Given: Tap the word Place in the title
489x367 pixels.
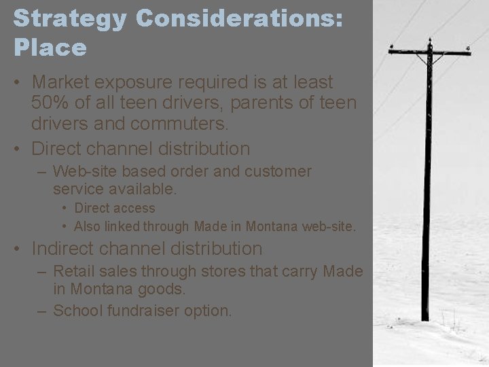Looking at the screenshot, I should (x=50, y=48).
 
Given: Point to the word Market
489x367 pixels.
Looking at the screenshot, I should (x=63, y=82).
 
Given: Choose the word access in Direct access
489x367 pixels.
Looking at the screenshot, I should (x=134, y=209).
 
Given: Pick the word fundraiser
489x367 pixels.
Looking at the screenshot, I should (x=148, y=311).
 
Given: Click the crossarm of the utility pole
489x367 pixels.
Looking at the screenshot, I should (x=429, y=51).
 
